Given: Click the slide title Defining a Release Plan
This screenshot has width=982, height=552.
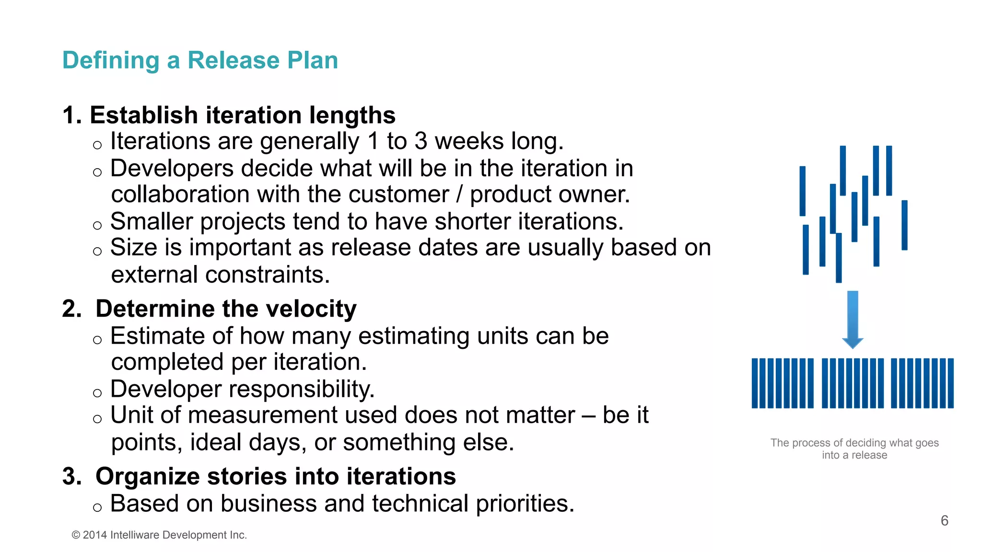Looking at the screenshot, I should click(200, 60).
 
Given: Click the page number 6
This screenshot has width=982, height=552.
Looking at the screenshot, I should click(944, 520).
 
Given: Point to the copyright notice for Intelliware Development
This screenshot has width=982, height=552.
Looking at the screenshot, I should click(159, 535).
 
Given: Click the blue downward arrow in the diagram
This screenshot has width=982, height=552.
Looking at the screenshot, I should click(853, 319).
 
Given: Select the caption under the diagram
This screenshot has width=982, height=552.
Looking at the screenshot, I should click(854, 449).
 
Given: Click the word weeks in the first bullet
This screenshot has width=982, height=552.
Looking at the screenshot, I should click(469, 141).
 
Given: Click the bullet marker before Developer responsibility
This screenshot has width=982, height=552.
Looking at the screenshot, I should click(97, 393).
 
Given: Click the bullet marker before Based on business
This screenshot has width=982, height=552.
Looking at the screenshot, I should click(97, 508).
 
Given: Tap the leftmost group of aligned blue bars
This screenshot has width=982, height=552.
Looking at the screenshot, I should click(783, 383).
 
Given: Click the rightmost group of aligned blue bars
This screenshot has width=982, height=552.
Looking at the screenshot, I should click(922, 383).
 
